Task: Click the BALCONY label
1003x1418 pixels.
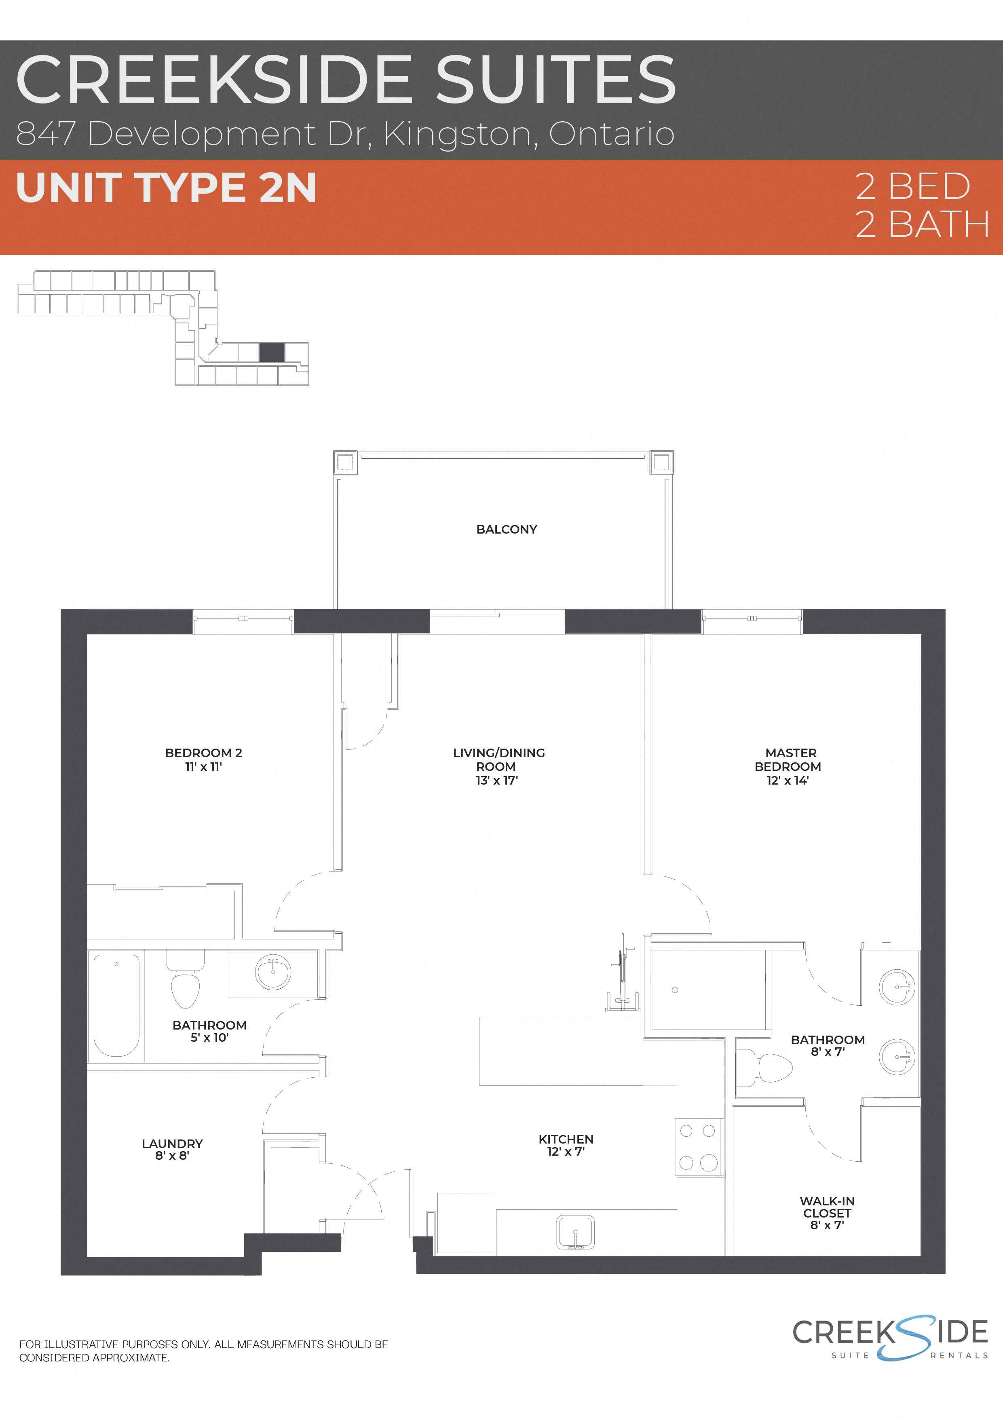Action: (x=507, y=529)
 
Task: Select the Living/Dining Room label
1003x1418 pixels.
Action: (x=498, y=760)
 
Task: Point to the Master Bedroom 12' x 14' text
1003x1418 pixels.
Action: (x=788, y=780)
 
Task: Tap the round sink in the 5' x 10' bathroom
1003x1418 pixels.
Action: (x=273, y=973)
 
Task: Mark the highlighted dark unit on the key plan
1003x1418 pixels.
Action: (x=272, y=352)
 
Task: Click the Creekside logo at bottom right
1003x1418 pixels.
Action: (x=890, y=1339)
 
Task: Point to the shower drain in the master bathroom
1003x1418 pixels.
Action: (x=675, y=990)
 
